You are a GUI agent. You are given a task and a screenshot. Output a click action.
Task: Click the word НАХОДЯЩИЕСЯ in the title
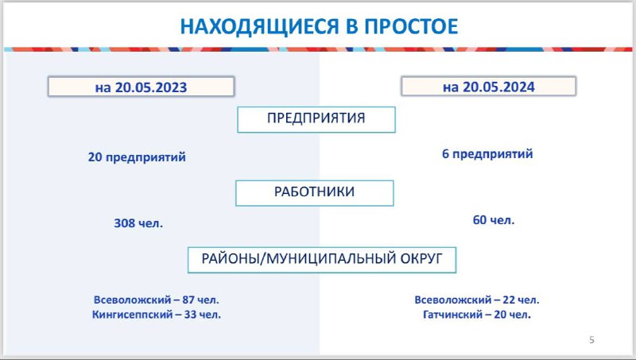pos(259,26)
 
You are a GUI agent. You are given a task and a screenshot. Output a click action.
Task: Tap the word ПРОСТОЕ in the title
pos(411,26)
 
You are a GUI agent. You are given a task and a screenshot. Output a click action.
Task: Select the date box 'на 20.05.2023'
pos(142,87)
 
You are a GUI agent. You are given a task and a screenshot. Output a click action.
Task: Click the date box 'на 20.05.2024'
pos(488,87)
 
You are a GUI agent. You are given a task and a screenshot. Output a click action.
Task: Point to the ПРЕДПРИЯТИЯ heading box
pos(316,119)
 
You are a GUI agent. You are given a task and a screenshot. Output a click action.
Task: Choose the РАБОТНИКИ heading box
pos(314,193)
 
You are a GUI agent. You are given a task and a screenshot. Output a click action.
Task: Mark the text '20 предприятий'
pos(137,157)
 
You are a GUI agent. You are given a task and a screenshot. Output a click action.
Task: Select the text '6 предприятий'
pos(487,154)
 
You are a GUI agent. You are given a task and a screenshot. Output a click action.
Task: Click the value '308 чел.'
pos(138,223)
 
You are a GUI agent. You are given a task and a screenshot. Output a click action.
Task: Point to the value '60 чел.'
pos(494,220)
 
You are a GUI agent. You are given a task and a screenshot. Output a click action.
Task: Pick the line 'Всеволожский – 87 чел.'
pos(156,300)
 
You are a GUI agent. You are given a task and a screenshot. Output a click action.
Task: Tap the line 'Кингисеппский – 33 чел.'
pos(157,315)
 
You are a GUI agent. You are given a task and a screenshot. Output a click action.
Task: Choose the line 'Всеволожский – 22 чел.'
pos(477,300)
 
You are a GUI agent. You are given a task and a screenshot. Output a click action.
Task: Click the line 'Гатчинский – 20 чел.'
pos(477,315)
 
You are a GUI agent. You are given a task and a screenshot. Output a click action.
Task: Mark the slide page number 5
pos(591,340)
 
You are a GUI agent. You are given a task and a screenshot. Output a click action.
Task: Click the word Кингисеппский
pos(132,315)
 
